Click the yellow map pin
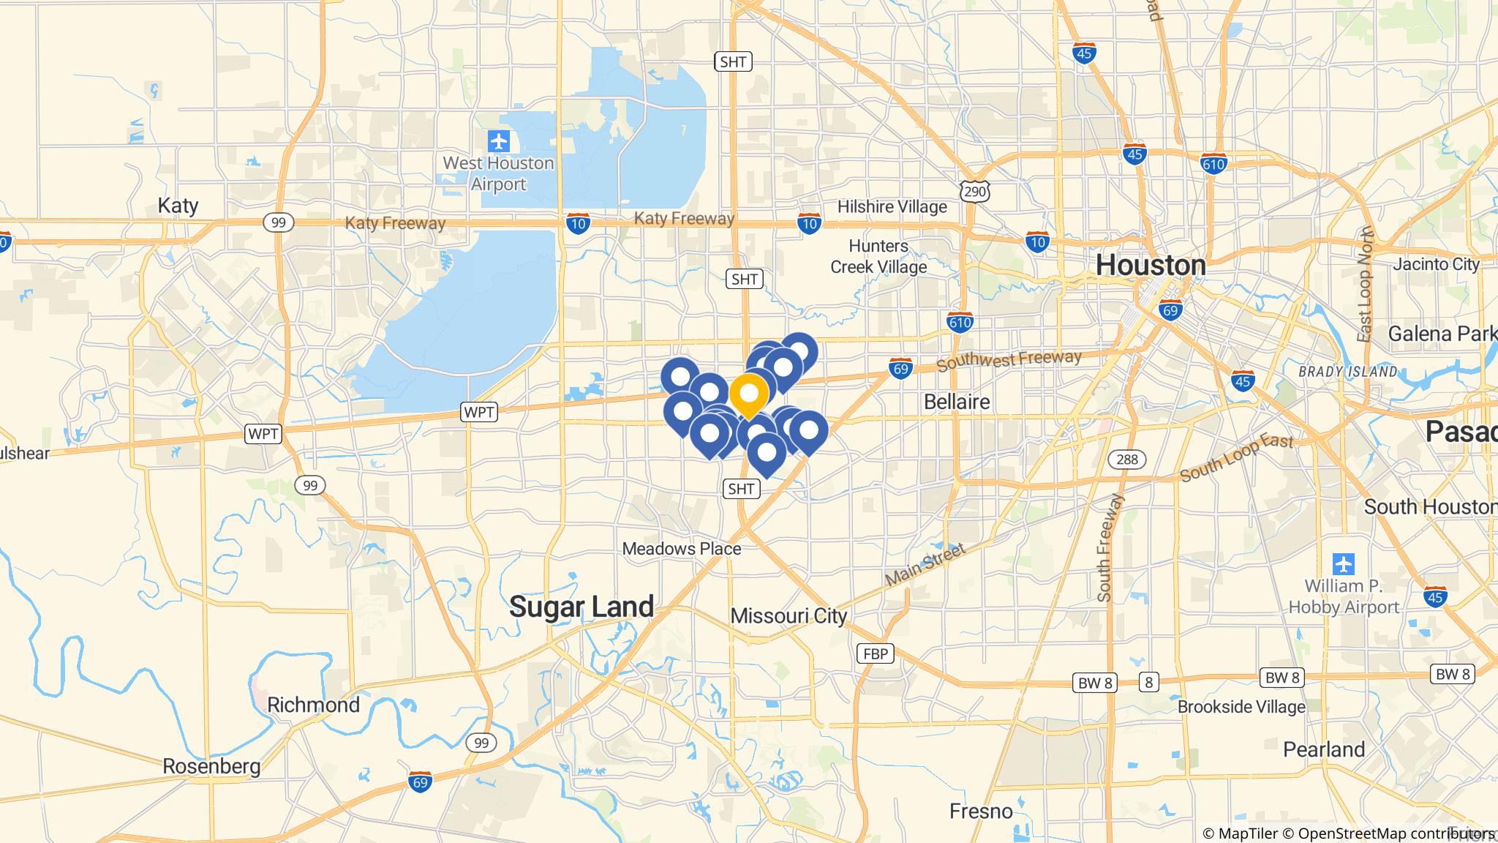tap(748, 395)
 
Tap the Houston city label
tap(1151, 265)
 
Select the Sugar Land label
tap(581, 607)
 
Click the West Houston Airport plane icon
tap(500, 140)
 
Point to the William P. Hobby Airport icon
tap(1344, 564)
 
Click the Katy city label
tap(178, 206)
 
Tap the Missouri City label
tap(788, 616)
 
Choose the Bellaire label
tap(957, 402)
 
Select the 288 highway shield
tap(1127, 460)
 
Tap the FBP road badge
tap(875, 653)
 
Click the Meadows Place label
tap(681, 549)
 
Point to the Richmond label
tap(313, 705)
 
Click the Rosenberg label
tap(211, 767)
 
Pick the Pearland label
tap(1324, 750)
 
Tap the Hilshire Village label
tap(892, 207)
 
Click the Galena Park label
tap(1441, 334)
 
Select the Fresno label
tap(981, 812)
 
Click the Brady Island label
tap(1347, 372)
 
